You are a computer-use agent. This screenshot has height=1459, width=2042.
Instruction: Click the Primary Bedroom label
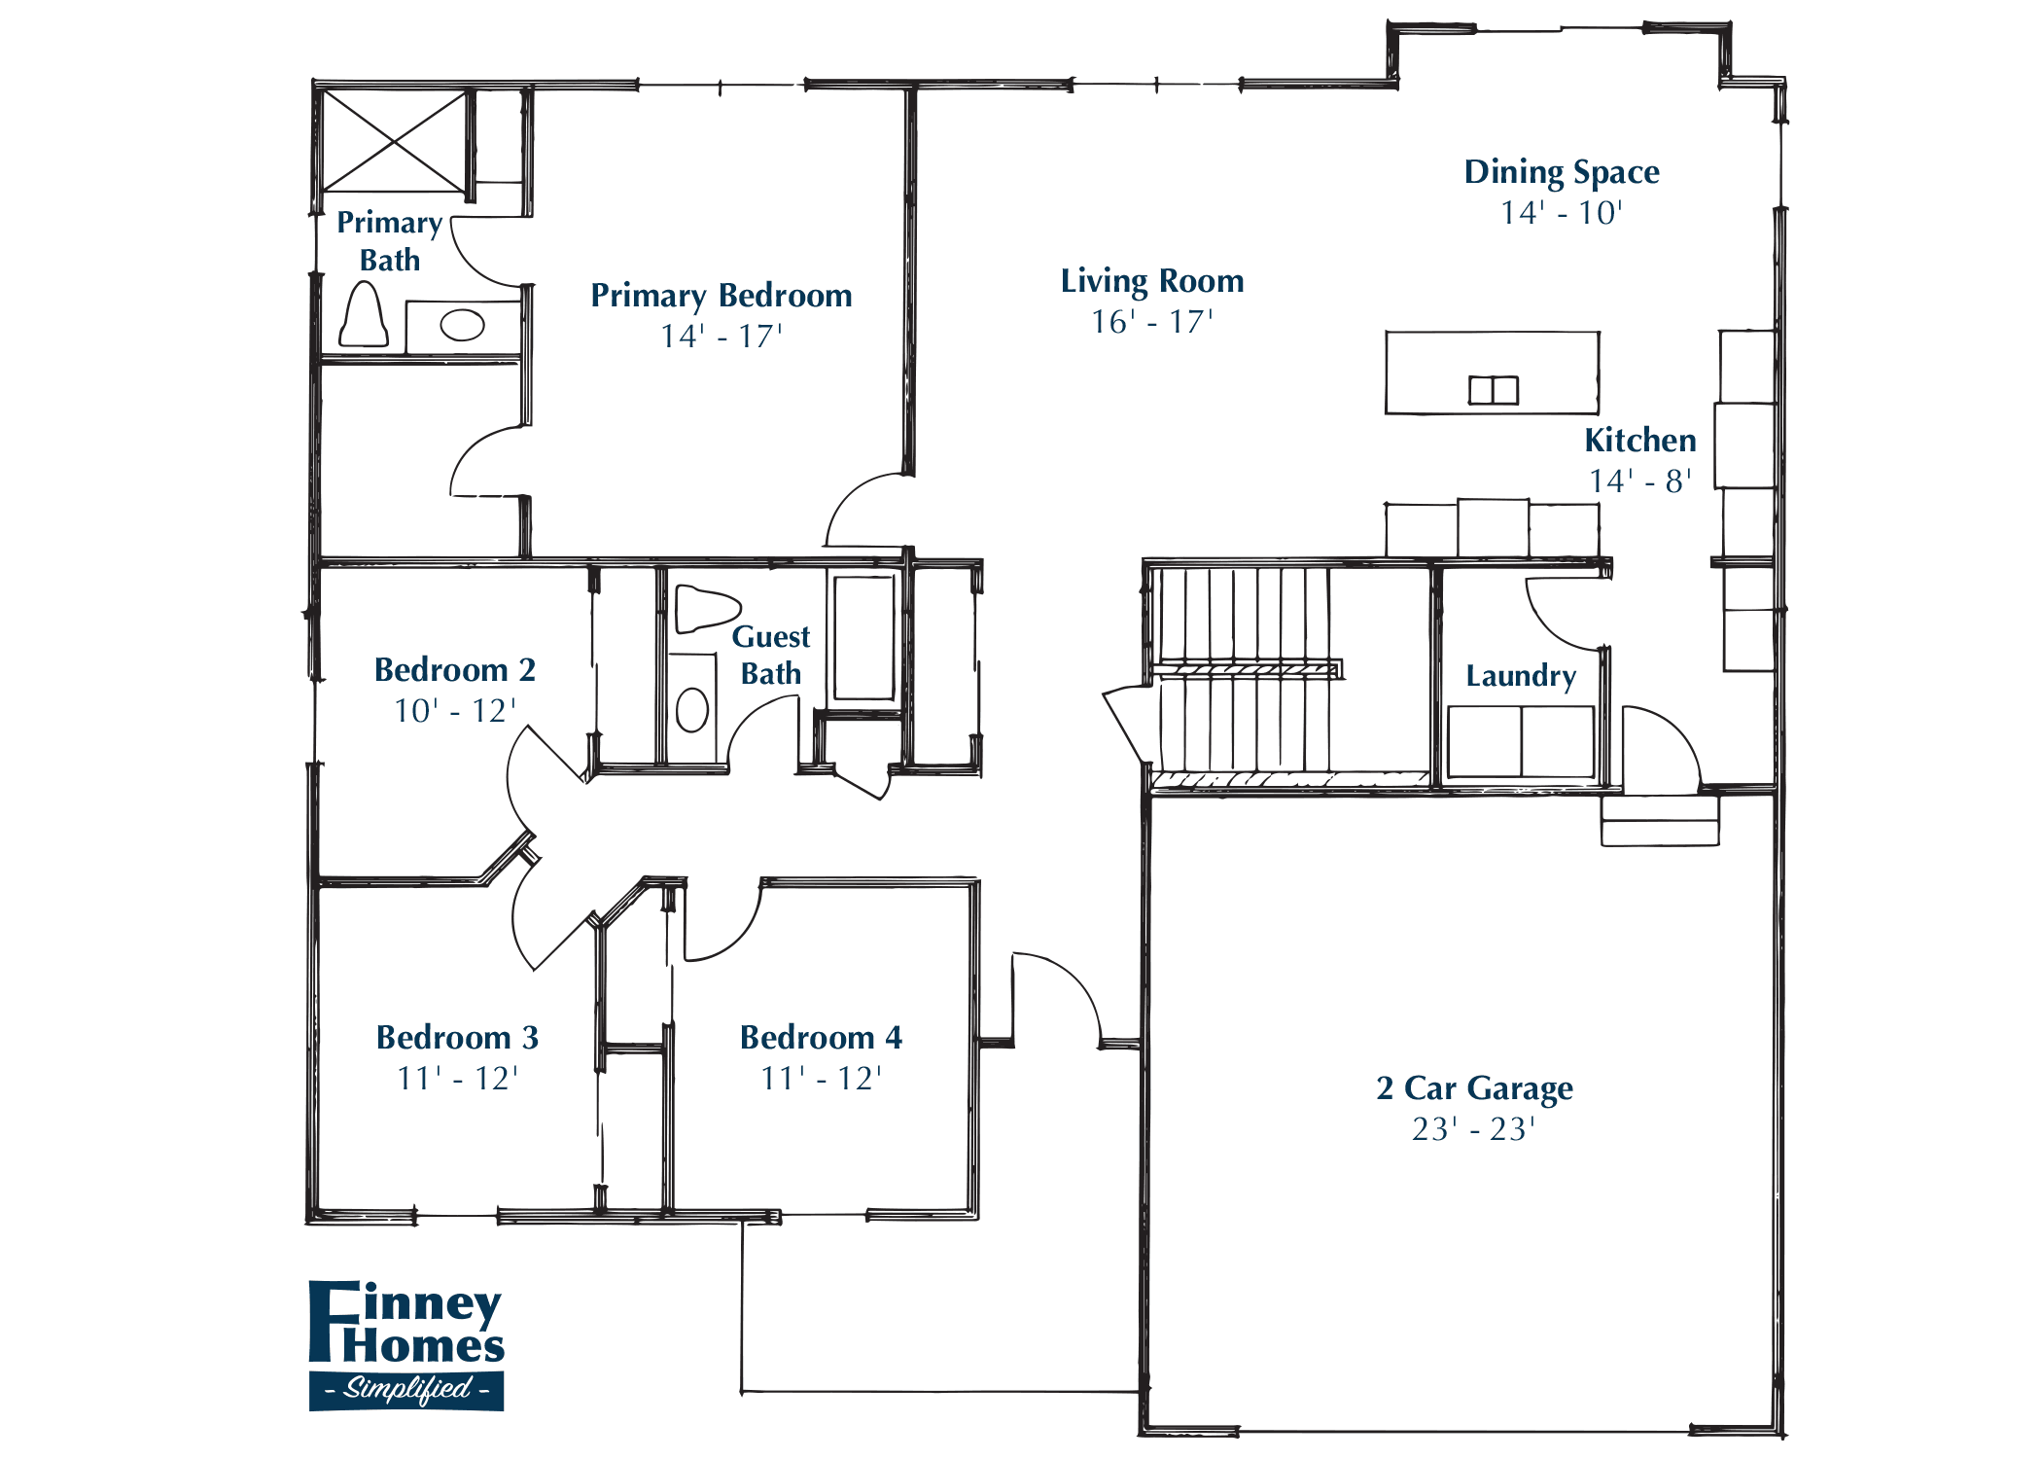coord(722,296)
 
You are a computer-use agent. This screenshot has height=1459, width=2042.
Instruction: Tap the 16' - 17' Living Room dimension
coord(1151,322)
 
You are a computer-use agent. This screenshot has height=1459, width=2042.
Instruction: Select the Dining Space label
coord(1562,172)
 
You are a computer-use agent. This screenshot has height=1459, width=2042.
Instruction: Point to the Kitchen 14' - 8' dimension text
coord(1639,480)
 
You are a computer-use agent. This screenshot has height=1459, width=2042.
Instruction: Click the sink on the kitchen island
coord(1493,390)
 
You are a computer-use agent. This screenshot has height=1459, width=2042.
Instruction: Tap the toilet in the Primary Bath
coord(364,316)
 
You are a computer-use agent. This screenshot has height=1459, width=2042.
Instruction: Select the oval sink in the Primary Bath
coord(462,325)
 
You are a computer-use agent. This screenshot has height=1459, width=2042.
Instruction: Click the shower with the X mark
coord(394,141)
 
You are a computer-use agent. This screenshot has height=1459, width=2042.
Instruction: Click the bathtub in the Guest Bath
coord(863,637)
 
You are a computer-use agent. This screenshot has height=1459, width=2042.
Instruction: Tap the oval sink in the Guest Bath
coord(691,709)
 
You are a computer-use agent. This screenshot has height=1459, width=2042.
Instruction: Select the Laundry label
coord(1521,675)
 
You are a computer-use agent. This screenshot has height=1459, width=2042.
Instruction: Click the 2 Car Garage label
coord(1474,1087)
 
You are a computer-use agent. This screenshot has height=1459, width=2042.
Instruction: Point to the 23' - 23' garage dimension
coord(1473,1129)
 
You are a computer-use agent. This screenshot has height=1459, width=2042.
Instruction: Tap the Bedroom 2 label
coord(455,670)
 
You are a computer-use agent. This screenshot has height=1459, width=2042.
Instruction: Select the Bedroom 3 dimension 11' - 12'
coord(457,1079)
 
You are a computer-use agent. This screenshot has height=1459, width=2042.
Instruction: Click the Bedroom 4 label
coord(821,1038)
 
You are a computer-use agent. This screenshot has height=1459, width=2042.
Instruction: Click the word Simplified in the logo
coord(406,1388)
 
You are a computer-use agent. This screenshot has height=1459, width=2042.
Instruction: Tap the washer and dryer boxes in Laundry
coord(1521,741)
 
